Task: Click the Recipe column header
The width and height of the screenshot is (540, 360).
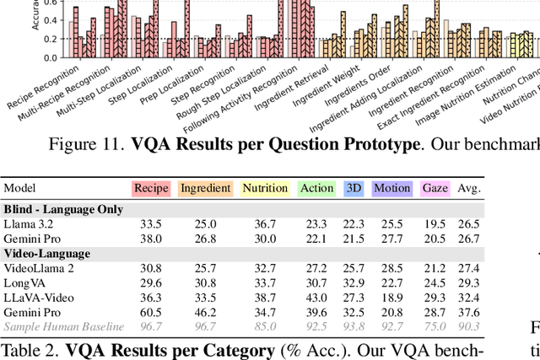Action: coord(151,188)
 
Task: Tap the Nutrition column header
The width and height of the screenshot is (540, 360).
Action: coord(264,188)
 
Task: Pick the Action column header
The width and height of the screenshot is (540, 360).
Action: coord(317,188)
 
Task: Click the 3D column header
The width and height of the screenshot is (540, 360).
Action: coord(354,188)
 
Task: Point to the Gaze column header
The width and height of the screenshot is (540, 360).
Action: coord(435,188)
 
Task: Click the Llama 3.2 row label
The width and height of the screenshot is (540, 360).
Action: coord(29,223)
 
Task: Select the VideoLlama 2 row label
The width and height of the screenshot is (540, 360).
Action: coord(38,267)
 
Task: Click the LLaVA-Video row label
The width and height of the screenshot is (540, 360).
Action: coord(38,297)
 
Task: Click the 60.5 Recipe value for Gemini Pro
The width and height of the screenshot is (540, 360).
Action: coord(152,311)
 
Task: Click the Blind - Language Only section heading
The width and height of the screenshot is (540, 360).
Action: coord(63,208)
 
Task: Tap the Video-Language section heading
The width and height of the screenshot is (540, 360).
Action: coord(46,253)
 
